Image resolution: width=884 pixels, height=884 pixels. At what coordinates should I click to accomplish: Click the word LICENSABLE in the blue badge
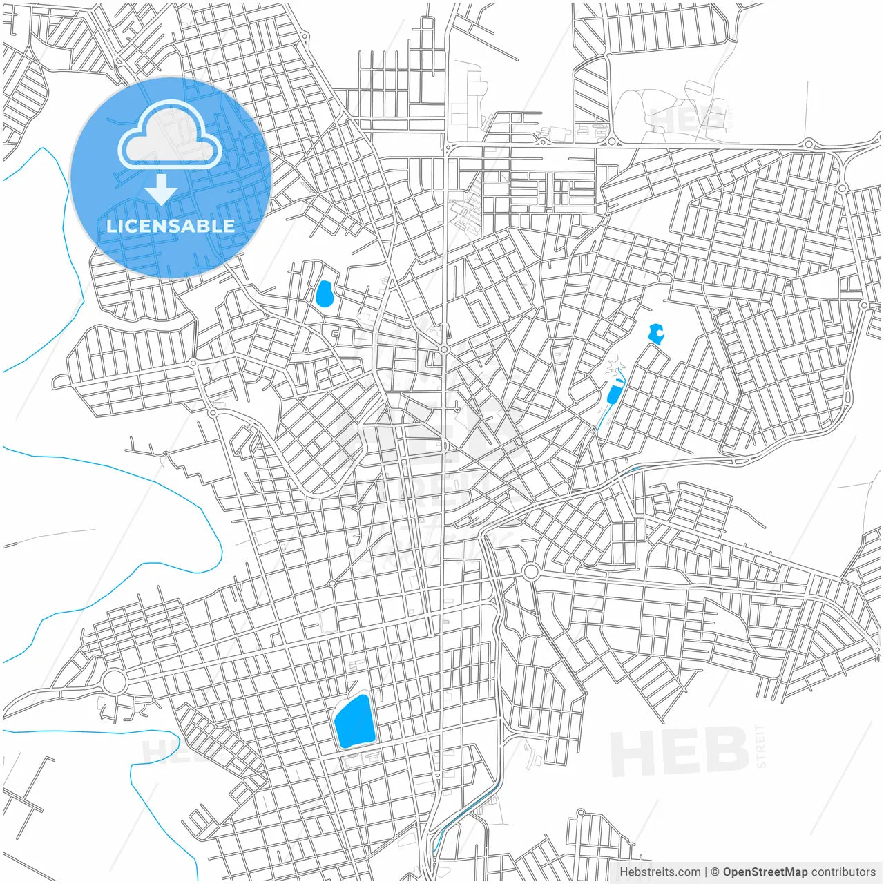[170, 226]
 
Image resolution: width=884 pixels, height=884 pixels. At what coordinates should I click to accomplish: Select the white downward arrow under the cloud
[162, 189]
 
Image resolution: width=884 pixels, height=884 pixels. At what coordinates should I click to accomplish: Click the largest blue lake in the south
[353, 722]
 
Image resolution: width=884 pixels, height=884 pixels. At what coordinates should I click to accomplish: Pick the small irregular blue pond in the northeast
[656, 334]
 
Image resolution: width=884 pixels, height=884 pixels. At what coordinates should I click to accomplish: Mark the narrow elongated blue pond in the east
[613, 394]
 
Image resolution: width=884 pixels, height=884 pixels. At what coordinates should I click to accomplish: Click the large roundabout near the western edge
[115, 682]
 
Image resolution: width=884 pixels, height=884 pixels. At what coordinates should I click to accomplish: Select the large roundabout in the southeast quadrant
[530, 572]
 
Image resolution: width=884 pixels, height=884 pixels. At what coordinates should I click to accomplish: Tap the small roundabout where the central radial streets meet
[444, 350]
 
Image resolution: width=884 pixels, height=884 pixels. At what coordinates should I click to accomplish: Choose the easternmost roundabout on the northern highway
[808, 144]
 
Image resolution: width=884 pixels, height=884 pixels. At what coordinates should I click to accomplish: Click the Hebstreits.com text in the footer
[660, 872]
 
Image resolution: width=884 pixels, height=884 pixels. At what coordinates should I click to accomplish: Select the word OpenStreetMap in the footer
[765, 872]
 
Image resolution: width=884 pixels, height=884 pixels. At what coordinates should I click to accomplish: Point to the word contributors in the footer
[843, 872]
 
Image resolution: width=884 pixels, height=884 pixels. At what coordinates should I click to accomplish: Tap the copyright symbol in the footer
[715, 872]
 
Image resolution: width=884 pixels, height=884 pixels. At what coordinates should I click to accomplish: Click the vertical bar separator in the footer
[705, 872]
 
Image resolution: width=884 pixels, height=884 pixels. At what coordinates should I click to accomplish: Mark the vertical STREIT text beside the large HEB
[761, 746]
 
